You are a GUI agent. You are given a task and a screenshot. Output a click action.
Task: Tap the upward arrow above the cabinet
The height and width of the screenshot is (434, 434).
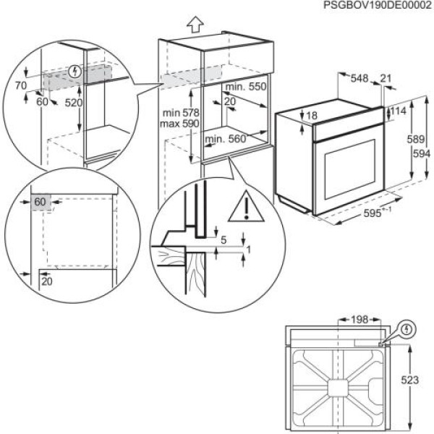click(x=194, y=24)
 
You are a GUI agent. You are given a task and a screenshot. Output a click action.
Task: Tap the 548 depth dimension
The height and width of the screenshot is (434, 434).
click(x=359, y=78)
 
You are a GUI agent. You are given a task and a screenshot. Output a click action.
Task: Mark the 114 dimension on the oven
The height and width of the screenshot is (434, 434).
click(x=399, y=111)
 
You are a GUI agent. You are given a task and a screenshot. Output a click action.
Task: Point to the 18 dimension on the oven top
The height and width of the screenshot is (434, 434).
click(x=311, y=116)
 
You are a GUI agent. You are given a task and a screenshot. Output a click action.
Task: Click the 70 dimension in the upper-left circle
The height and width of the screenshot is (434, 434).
click(x=20, y=86)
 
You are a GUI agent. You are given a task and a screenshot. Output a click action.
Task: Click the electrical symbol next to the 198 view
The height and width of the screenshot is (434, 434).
click(x=410, y=328)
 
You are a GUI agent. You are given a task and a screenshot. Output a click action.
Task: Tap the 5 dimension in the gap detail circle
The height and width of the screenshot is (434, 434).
click(x=224, y=240)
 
